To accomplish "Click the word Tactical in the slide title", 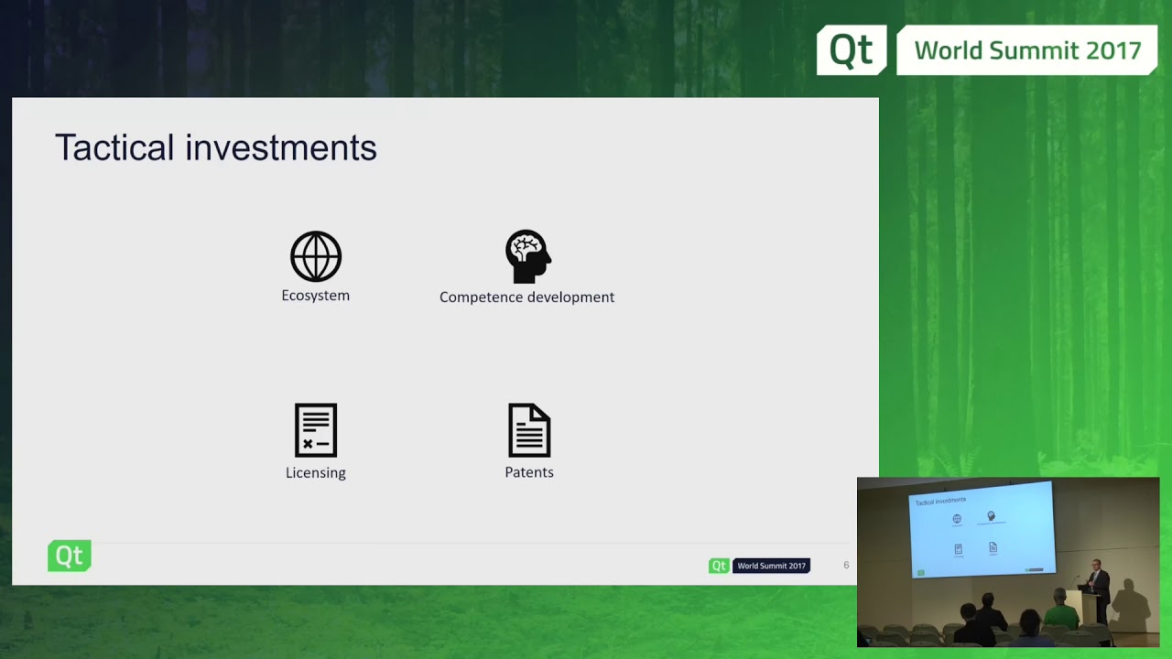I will (114, 147).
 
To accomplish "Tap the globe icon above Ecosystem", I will (316, 256).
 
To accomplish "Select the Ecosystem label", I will (316, 296).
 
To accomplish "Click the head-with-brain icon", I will (528, 256).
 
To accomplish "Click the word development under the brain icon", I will (571, 297).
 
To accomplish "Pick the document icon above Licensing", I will (316, 430).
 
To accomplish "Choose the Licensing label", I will (316, 473).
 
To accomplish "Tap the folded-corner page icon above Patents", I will (529, 430).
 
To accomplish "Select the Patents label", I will (529, 472).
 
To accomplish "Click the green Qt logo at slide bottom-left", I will (70, 556).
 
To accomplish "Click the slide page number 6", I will (846, 566).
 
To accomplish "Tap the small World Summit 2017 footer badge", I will (771, 566).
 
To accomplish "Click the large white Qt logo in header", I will (852, 50).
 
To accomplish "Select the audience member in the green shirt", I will (1060, 611).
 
